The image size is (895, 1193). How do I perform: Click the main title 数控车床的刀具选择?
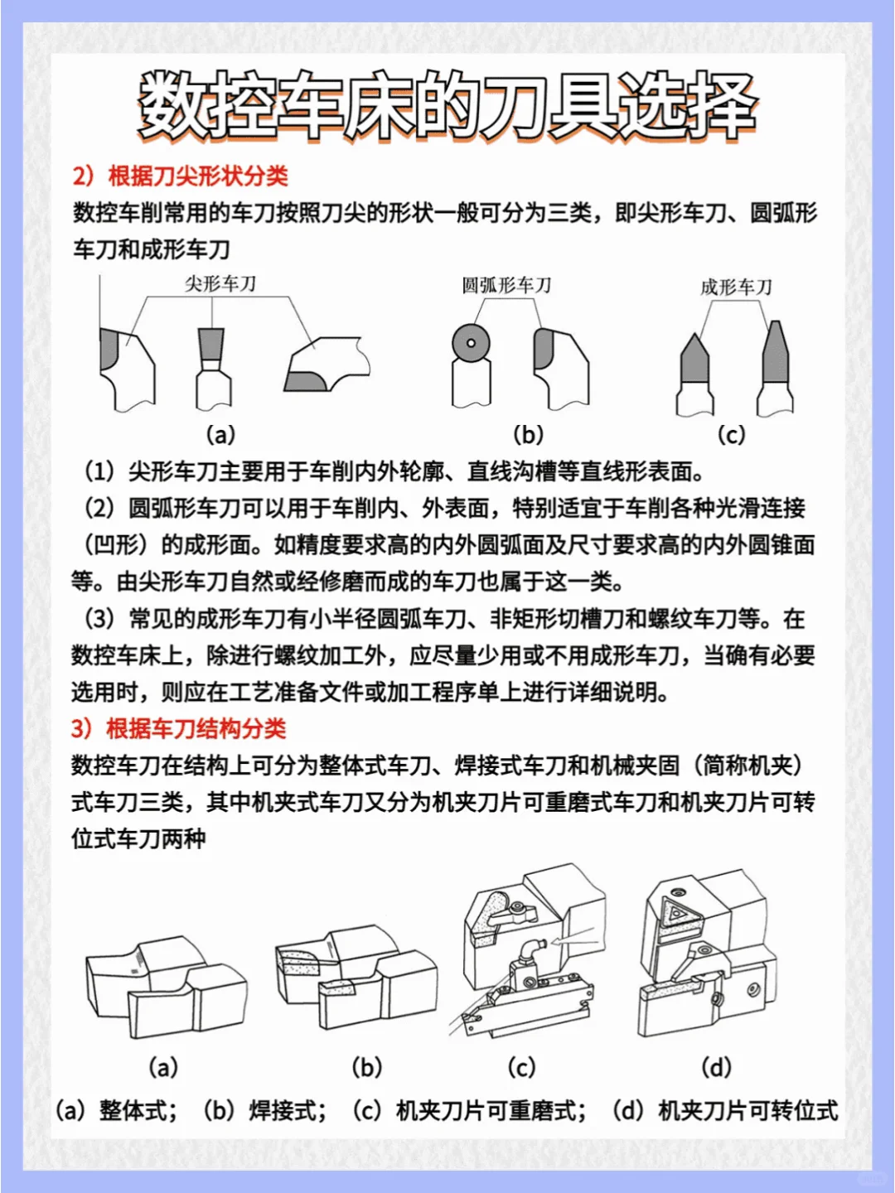(447, 106)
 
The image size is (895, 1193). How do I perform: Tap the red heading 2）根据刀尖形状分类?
(181, 176)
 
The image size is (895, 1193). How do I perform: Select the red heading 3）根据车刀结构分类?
(179, 728)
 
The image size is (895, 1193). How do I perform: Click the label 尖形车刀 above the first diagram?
(220, 284)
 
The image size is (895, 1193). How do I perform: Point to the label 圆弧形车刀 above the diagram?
(506, 286)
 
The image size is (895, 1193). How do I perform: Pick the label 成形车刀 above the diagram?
(736, 287)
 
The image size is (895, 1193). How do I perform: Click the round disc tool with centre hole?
(471, 343)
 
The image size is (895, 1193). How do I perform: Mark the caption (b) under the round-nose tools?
(528, 434)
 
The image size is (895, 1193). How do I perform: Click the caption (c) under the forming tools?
(731, 434)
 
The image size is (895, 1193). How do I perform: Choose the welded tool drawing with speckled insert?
(356, 978)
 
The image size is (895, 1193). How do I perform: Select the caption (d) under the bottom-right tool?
(716, 1067)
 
